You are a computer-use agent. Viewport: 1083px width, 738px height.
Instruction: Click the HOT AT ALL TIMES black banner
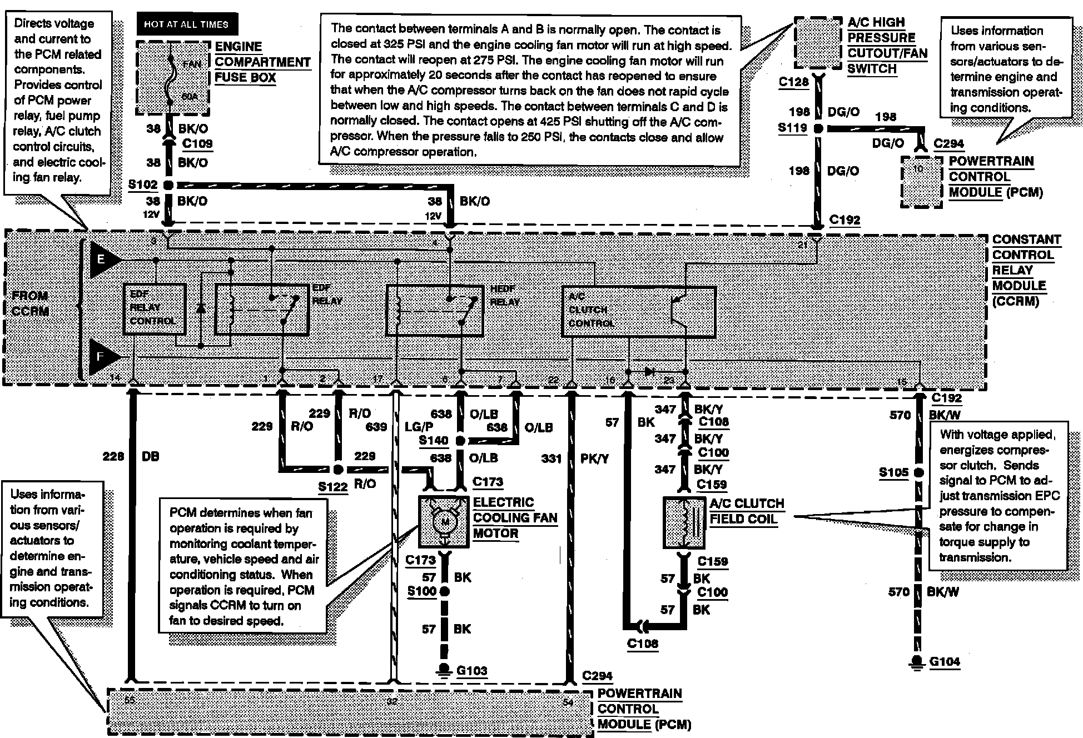click(x=186, y=24)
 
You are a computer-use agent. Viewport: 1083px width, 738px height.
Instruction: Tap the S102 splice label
click(x=143, y=184)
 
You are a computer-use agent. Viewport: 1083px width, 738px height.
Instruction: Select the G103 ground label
click(x=471, y=671)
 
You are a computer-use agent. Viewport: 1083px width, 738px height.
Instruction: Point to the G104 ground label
click(x=944, y=661)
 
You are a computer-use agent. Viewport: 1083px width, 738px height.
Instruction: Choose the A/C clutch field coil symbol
click(x=684, y=523)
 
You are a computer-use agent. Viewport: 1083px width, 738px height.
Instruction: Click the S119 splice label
click(x=792, y=128)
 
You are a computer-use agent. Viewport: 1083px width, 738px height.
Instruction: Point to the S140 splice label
click(x=433, y=441)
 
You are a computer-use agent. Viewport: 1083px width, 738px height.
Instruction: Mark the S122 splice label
click(x=332, y=487)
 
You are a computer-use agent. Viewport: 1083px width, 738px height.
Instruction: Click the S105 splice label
click(x=893, y=473)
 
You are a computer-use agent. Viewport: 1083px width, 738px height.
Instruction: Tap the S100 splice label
click(x=421, y=591)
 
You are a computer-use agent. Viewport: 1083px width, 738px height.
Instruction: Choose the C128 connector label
click(x=793, y=82)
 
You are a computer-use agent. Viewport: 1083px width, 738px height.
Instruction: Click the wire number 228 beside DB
click(x=113, y=456)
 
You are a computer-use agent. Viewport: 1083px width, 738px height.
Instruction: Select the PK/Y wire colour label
click(x=594, y=458)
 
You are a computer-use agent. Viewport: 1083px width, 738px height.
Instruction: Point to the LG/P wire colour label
click(x=419, y=427)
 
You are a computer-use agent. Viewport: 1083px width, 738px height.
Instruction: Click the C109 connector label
click(x=197, y=144)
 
